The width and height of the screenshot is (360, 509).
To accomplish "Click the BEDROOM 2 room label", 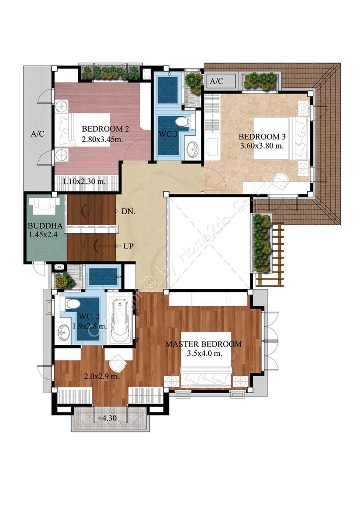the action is coord(105,129).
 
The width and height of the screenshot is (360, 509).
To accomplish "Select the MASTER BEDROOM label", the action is coord(203,344).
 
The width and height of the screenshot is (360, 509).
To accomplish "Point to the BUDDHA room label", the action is coord(45,226).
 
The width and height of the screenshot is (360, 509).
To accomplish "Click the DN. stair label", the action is coord(129,211).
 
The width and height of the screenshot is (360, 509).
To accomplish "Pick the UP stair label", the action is coord(128,247).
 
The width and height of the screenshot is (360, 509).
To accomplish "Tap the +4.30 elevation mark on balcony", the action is coord(107,418).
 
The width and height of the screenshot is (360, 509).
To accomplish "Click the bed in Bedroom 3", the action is coord(281,138).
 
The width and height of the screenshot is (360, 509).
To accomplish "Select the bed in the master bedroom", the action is coord(206,359).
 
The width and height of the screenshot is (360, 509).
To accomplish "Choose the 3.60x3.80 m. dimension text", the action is coord(262,146).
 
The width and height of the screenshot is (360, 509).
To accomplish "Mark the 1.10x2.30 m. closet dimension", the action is coord(84,181).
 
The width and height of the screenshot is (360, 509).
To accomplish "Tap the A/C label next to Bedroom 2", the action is coord(38,134).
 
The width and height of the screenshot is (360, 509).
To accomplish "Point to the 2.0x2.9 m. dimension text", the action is coord(101,377).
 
